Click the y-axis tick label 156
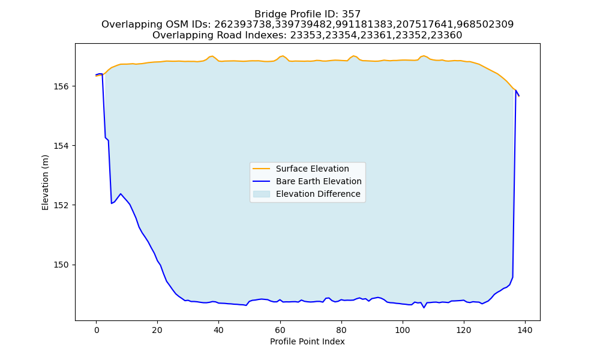tap(61, 86)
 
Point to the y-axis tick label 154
tap(61, 146)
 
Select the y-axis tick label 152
tap(61, 205)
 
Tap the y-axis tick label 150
tap(61, 265)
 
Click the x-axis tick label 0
tap(97, 330)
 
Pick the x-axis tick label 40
tap(219, 330)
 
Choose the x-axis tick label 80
tap(341, 330)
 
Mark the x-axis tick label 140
tap(524, 330)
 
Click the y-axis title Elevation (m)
tap(45, 182)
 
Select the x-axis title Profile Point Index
tap(307, 341)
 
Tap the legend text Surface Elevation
tap(312, 169)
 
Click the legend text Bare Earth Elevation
tap(319, 181)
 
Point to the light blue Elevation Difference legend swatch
tap(262, 194)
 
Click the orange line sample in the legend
tap(262, 169)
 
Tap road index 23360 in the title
tap(447, 35)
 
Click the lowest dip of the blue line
tap(424, 308)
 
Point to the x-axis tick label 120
tap(464, 330)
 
